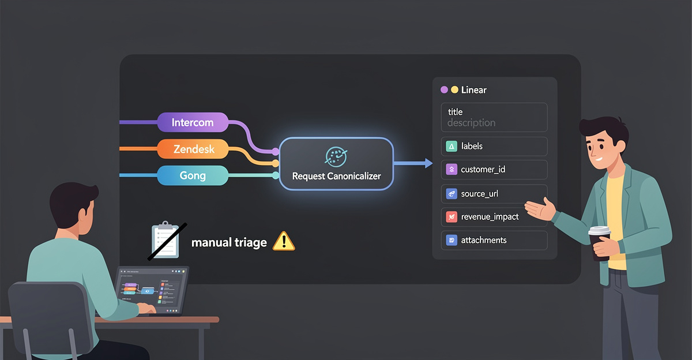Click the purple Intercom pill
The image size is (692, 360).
[x=193, y=122]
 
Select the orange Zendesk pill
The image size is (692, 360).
[x=193, y=149]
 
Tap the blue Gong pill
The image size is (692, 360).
[x=193, y=175]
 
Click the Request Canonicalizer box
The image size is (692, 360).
[x=336, y=164]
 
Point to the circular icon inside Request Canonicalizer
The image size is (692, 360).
[x=336, y=155]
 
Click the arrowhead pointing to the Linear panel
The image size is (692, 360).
[x=428, y=164]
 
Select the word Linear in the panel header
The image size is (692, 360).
[x=474, y=90]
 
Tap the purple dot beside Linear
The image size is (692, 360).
[x=444, y=90]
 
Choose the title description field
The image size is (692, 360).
[x=494, y=117]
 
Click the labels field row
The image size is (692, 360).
[x=494, y=147]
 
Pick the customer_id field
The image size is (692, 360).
[x=494, y=170]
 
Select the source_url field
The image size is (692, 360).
[x=494, y=194]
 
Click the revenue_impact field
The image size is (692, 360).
[x=494, y=217]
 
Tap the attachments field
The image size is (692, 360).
[x=494, y=240]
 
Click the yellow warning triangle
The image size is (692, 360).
[x=283, y=241]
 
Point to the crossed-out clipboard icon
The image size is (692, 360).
[x=166, y=240]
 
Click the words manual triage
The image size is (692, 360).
[x=229, y=242]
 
